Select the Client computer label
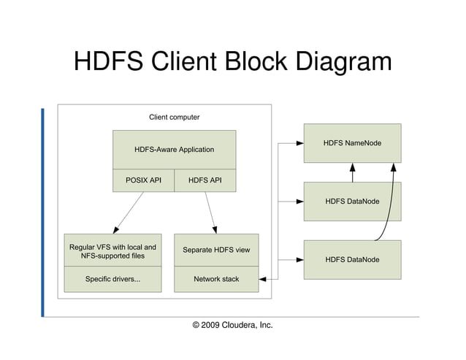[x=174, y=117]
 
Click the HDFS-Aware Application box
[x=174, y=150]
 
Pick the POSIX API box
[x=143, y=180]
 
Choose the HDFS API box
[x=205, y=180]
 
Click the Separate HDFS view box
[x=215, y=250]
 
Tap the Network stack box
[x=215, y=279]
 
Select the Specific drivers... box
[x=112, y=279]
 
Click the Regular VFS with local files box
[x=112, y=250]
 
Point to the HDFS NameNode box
[x=352, y=143]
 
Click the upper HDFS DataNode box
[x=352, y=201]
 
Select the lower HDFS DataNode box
[x=352, y=259]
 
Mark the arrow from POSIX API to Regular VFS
[x=128, y=212]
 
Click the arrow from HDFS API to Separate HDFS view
[x=210, y=212]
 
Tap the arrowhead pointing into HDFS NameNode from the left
[x=299, y=143]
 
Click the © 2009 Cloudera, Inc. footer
[x=232, y=324]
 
